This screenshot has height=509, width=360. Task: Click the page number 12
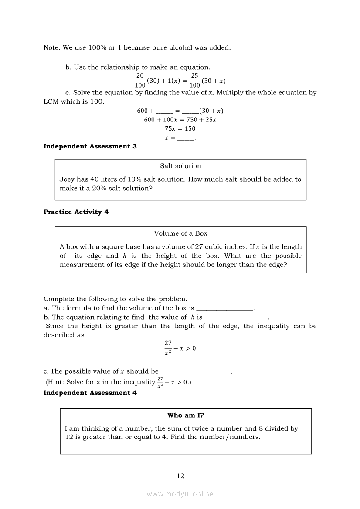pos(180,476)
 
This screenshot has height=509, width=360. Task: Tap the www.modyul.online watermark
pos(180,494)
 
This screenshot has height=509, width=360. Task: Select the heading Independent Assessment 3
pos(90,147)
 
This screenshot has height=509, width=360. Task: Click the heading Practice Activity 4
pos(76,212)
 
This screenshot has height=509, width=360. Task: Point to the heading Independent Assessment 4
pos(90,393)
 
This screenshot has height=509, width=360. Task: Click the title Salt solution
pos(180,166)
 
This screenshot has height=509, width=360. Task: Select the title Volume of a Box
pos(180,233)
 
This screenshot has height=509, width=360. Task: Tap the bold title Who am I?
pos(186,415)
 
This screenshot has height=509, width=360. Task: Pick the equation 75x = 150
pos(180,128)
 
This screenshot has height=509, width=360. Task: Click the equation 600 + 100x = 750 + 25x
pos(180,120)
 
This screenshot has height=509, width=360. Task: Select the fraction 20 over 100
pos(140,80)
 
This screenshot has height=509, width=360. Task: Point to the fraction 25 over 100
pos(194,80)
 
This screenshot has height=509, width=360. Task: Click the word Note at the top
pos(52,48)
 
